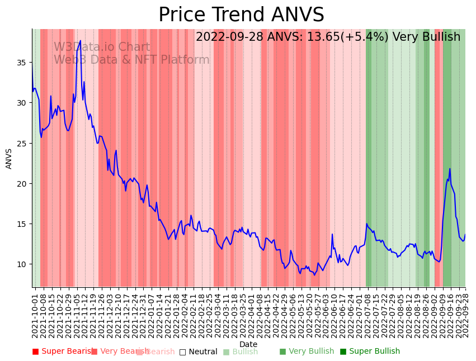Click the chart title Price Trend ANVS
click(241, 15)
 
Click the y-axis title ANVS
click(9, 158)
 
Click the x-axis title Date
click(248, 344)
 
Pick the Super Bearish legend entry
click(63, 351)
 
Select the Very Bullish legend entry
click(307, 351)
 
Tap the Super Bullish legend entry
click(370, 351)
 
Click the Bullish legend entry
click(241, 351)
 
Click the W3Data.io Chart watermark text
click(102, 47)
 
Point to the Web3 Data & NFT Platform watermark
click(131, 60)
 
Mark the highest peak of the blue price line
click(81, 40)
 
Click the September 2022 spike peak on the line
click(450, 169)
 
